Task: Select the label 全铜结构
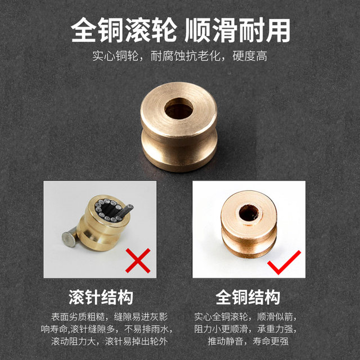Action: pos(248,296)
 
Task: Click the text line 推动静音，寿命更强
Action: pos(247,341)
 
